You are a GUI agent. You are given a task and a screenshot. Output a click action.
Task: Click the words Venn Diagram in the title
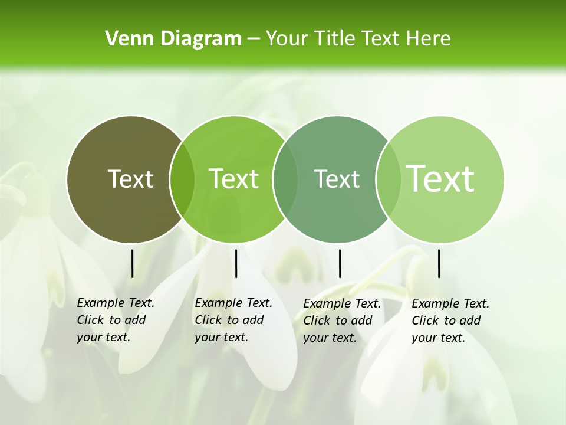pos(173,39)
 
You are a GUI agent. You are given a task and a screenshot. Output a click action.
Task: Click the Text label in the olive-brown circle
pos(130,179)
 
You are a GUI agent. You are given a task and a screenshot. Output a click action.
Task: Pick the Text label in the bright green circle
pos(234,179)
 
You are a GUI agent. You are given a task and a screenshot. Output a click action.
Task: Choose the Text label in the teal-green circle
pos(337,179)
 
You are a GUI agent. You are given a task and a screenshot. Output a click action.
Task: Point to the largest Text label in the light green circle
pos(440,178)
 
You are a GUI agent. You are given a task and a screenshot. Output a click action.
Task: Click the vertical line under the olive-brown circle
pos(132,263)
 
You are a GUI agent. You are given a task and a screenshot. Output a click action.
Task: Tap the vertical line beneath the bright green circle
pos(236,263)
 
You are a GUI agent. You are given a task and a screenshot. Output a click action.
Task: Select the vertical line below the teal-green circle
pos(340,263)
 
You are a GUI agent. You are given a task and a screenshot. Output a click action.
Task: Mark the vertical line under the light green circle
pos(439,263)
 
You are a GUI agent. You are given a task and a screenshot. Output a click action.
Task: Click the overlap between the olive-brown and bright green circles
pos(182,179)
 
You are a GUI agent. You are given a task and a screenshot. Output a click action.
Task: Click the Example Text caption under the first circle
pos(115,320)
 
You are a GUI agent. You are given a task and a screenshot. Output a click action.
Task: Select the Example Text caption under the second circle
pos(233,320)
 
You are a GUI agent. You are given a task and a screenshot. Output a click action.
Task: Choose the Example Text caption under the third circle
pos(341,321)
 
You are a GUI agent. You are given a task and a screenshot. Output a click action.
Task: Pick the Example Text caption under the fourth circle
pos(450,321)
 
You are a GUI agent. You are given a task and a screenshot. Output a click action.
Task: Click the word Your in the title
pos(287,39)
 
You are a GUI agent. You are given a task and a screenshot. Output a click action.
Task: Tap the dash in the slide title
pos(254,39)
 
